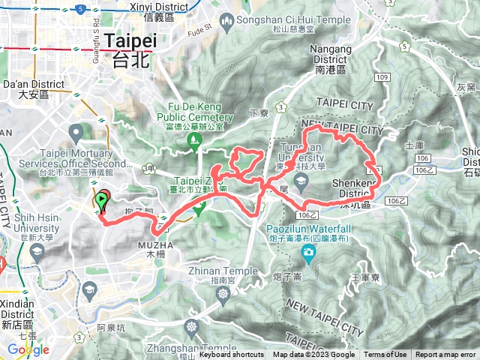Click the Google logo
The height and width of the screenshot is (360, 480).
28,349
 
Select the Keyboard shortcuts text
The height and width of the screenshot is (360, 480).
231,355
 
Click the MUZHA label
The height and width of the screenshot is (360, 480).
155,244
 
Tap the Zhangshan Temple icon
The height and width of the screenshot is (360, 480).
193,328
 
